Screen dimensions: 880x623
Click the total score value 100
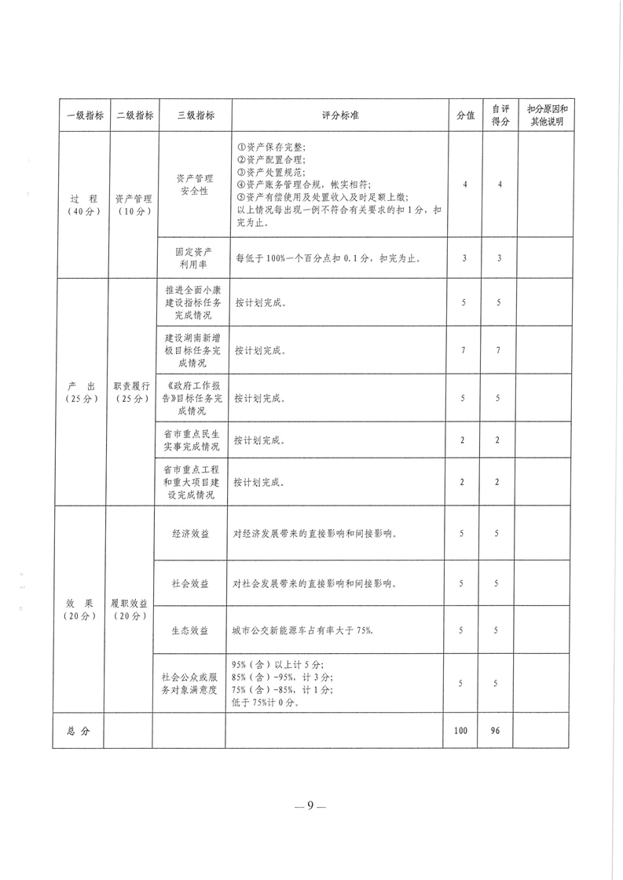(x=461, y=730)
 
